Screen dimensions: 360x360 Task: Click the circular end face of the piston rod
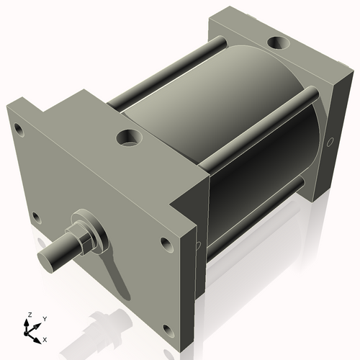click(49, 255)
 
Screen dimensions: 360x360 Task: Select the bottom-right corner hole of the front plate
click(168, 330)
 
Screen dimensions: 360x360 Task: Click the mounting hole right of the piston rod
click(166, 243)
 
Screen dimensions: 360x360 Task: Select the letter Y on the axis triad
click(45, 318)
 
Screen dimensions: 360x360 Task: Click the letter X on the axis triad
click(46, 338)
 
